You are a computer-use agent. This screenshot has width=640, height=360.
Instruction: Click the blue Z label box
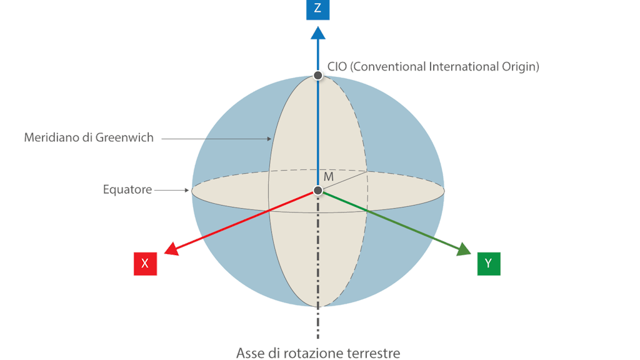pos(317,9)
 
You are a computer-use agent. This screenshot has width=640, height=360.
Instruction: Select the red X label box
pos(145,264)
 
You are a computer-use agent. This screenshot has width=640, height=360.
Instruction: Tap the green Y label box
pos(488,264)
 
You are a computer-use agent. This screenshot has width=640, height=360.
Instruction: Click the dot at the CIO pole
pos(318,75)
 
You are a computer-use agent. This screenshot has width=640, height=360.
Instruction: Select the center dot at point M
pos(318,190)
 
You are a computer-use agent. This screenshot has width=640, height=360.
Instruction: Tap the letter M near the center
pos(329,177)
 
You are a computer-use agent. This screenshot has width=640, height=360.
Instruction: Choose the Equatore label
pos(127,189)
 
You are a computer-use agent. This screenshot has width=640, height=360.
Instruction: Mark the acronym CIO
pos(337,66)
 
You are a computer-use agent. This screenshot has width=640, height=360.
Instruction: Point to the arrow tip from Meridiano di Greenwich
pos(271,139)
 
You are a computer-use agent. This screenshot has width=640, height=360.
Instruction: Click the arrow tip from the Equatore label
pos(189,190)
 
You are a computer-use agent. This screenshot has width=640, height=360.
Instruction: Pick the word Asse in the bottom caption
pos(248,353)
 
